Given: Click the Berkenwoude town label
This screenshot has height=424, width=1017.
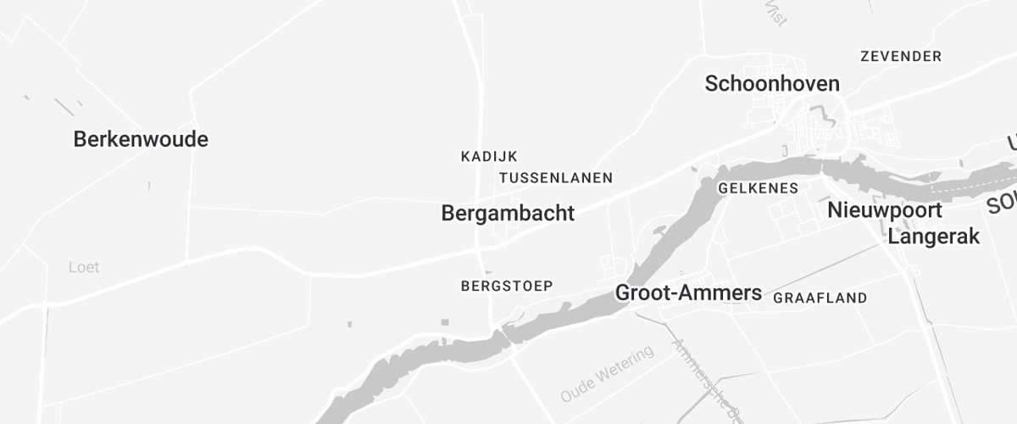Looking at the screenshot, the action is [141, 139].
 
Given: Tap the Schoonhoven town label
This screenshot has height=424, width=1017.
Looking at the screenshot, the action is [772, 83].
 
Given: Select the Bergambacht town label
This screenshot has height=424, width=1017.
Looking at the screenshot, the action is [508, 214].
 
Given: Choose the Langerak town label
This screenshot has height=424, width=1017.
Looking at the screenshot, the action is [933, 237].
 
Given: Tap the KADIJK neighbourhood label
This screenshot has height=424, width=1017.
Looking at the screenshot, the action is [489, 156].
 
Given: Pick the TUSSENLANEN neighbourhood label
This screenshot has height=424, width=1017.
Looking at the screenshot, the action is [556, 178].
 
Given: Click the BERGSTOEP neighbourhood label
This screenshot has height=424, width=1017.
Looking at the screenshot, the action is [507, 286].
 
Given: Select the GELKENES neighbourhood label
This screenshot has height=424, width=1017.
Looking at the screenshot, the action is [758, 188].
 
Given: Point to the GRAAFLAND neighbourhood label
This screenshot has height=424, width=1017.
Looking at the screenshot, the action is [820, 298].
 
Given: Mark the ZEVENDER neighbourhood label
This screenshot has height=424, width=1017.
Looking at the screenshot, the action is [901, 57].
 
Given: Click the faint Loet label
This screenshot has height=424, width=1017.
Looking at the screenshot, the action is [84, 267].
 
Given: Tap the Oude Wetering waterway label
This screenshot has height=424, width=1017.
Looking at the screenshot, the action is [608, 373].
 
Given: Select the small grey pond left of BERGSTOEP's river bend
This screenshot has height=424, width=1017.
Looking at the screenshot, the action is [349, 324].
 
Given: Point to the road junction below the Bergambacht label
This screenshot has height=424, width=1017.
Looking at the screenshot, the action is [480, 250].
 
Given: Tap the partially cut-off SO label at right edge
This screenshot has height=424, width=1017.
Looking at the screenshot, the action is [1003, 204].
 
